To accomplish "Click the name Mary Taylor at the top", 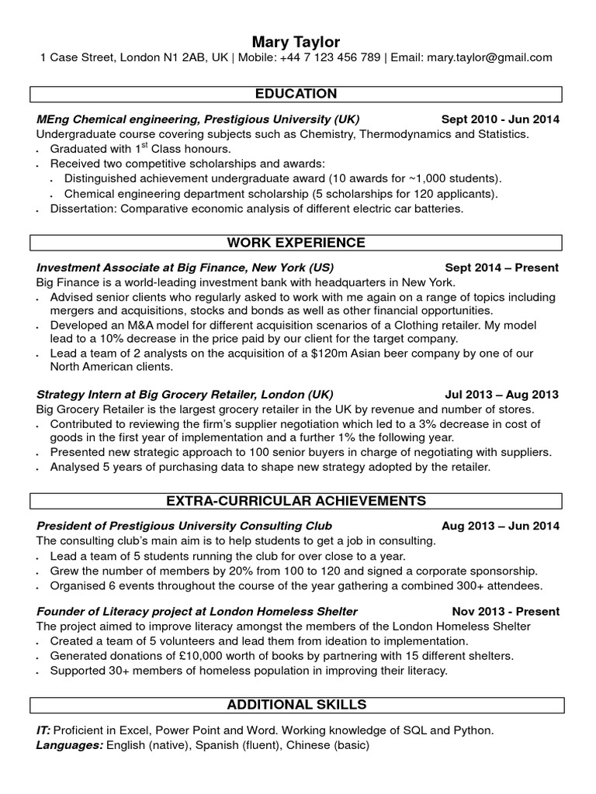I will [296, 41].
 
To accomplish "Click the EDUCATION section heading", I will [296, 95].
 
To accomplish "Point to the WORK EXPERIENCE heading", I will [296, 243].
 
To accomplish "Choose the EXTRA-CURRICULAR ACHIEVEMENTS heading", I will [296, 500].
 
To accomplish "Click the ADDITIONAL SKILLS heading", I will [296, 705].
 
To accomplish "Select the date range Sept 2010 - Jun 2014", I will [500, 119].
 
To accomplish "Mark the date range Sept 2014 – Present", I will [501, 268].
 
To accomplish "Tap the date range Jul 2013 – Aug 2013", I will [502, 394].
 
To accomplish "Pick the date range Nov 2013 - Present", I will [505, 611].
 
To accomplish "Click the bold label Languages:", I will [69, 745].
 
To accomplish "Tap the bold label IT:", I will [43, 730].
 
